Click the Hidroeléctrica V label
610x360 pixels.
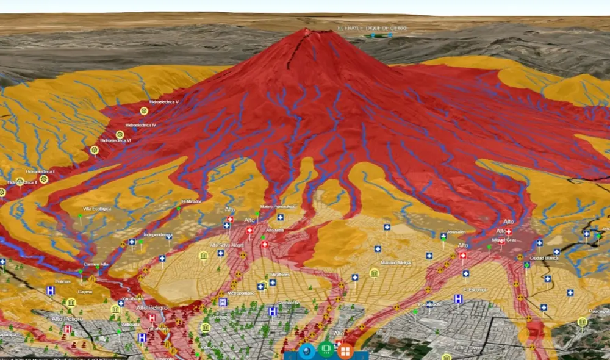(163, 102)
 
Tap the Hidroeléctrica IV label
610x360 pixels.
(141, 124)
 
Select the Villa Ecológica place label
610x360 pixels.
(97, 209)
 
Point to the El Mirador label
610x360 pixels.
(191, 202)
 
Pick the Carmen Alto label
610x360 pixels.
(96, 264)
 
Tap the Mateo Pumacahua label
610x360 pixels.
(278, 206)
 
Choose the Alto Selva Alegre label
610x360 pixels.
(226, 245)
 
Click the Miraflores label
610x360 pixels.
(280, 275)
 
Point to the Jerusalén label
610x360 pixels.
(456, 232)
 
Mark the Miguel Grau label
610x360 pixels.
(504, 240)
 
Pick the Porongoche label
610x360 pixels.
(431, 304)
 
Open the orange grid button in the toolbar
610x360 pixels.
(345, 351)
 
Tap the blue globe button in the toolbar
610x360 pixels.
(307, 351)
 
